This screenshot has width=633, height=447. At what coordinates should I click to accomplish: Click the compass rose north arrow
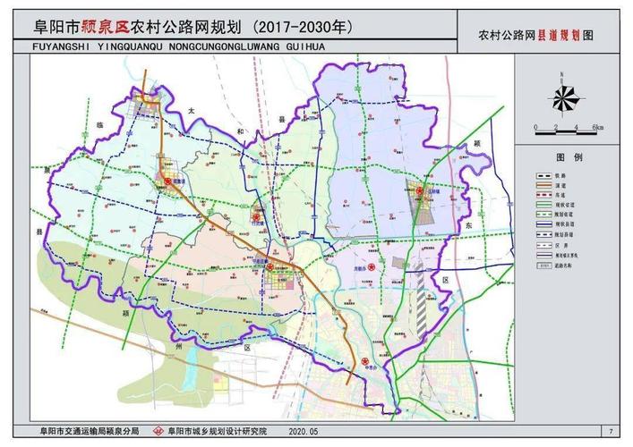(564, 97)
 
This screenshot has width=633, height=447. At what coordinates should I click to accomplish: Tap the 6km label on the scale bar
(597, 129)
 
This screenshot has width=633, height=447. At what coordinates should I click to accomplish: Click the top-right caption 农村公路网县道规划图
(535, 36)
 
